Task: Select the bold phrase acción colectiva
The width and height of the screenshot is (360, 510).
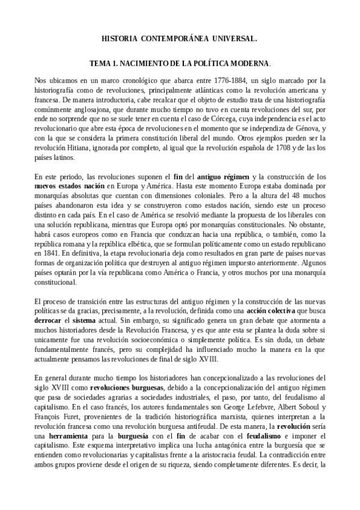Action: (x=272, y=311)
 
